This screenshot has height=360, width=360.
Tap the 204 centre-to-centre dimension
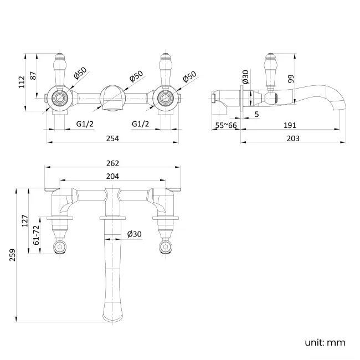[112, 176]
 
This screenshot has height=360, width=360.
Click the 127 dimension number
[24, 222]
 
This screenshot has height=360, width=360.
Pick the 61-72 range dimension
[37, 236]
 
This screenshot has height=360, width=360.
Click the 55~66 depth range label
[226, 126]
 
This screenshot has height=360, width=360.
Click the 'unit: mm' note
[325, 342]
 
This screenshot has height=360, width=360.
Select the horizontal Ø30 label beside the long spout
[134, 234]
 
